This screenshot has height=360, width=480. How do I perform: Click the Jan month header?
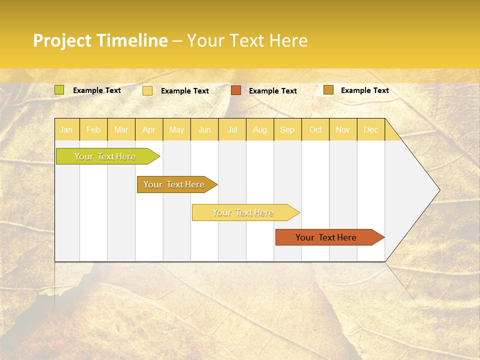point(66,130)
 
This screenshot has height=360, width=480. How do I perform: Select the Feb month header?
point(93,130)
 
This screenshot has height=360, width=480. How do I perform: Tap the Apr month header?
point(149,130)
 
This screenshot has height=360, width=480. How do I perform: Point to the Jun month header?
point(204,130)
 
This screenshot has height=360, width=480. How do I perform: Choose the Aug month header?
point(260,130)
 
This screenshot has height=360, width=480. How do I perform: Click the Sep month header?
point(287,130)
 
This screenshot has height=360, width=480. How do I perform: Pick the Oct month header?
point(315,130)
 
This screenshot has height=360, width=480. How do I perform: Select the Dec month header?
point(371,130)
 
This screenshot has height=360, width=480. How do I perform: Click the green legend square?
point(59,90)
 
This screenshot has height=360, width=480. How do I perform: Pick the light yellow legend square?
point(147,90)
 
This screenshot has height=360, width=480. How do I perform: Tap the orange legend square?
point(236,90)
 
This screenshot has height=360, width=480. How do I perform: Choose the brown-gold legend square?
point(328,90)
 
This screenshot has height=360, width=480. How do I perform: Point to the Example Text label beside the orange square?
point(273,91)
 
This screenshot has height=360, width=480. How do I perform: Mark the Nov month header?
point(343,130)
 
